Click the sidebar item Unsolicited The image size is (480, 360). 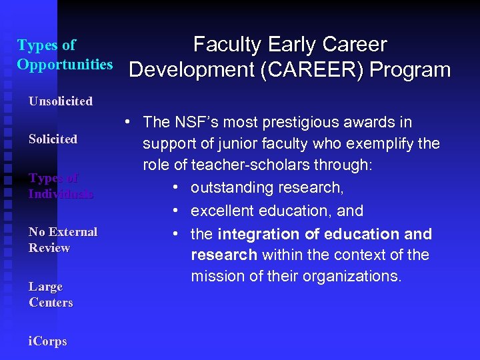61,101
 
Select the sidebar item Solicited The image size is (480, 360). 53,139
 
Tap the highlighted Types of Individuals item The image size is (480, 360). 61,186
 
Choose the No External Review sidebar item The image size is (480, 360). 63,240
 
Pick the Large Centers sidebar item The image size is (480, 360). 51,295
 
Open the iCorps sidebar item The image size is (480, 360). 48,341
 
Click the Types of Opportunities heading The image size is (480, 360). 65,55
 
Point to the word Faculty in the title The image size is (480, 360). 227,45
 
